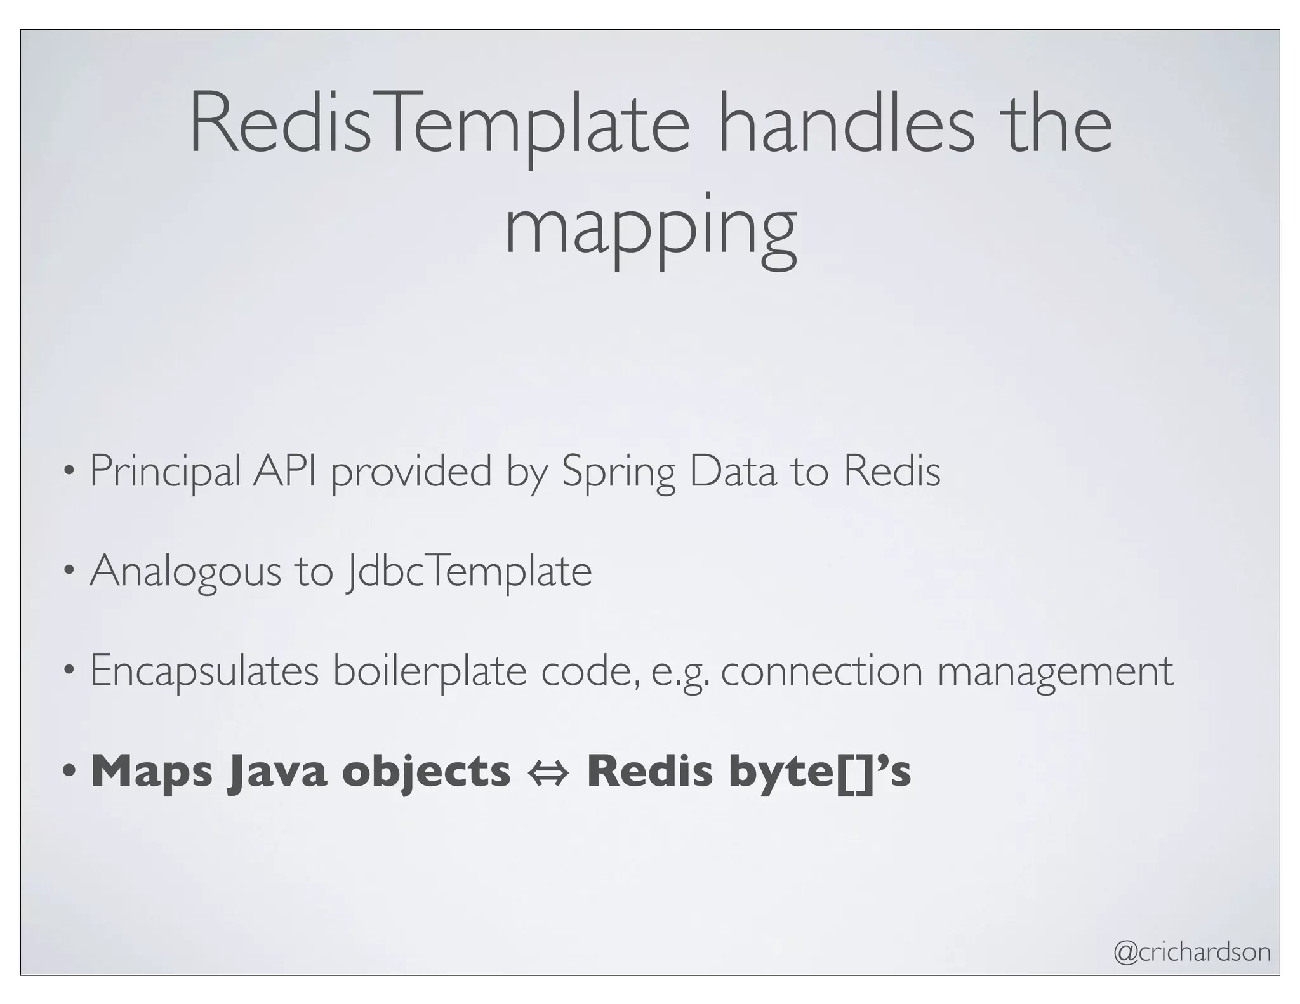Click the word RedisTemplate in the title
tap(439, 125)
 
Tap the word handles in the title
tap(846, 125)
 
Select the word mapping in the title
tap(650, 228)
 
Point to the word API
tap(284, 471)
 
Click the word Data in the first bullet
tap(733, 471)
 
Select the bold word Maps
tap(152, 772)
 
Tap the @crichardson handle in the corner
tap(1192, 951)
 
